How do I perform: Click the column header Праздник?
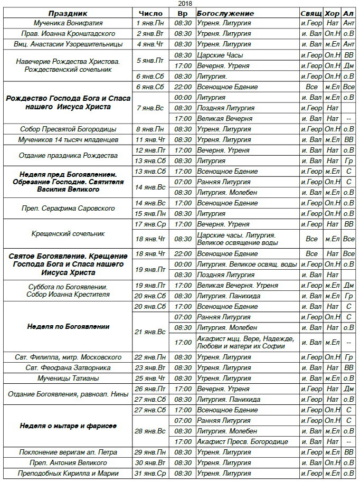pyautogui.click(x=68, y=13)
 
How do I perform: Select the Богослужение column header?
pyautogui.click(x=225, y=13)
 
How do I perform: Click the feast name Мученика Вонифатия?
pyautogui.click(x=68, y=23)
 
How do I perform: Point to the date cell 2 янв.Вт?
pyautogui.click(x=151, y=33)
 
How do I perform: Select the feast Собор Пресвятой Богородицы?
pyautogui.click(x=68, y=129)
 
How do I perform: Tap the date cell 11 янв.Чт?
pyautogui.click(x=151, y=140)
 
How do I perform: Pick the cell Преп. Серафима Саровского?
pyautogui.click(x=68, y=208)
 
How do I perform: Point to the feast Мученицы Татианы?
pyautogui.click(x=68, y=378)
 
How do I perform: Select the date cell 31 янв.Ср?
pyautogui.click(x=151, y=473)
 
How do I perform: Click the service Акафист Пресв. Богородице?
pyautogui.click(x=242, y=441)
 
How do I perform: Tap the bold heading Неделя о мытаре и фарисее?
pyautogui.click(x=68, y=426)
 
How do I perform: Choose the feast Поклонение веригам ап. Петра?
pyautogui.click(x=68, y=452)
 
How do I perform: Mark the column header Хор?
pyautogui.click(x=332, y=13)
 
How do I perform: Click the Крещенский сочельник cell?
pyautogui.click(x=68, y=234)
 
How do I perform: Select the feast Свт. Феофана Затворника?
pyautogui.click(x=68, y=367)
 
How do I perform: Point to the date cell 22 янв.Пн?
pyautogui.click(x=151, y=357)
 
